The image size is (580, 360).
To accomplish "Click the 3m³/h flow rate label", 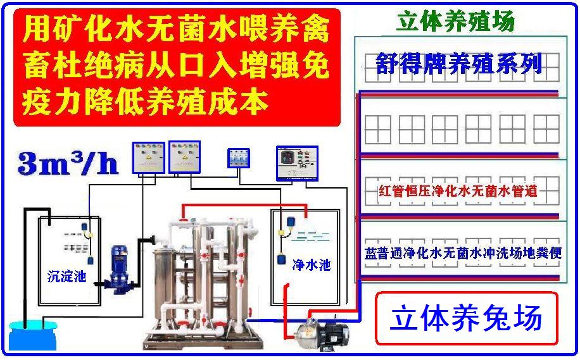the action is point(68,163).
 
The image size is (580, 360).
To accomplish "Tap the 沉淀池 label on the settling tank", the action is point(66,276).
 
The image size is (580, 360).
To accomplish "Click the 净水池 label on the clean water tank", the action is point(311,264).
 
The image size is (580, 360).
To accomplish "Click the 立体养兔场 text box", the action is point(467,318).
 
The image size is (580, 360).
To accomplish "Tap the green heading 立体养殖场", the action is point(455,21).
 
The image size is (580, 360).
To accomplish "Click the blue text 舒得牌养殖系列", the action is point(458,63).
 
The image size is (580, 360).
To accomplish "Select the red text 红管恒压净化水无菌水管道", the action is point(458,191).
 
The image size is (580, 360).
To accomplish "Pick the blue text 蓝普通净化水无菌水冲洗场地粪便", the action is point(463,253).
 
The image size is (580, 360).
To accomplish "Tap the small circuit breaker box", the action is point(238,158).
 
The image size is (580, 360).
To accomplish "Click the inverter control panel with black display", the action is point(297,163).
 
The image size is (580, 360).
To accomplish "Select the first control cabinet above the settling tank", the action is point(149,158).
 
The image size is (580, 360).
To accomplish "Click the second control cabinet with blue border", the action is point(185,157).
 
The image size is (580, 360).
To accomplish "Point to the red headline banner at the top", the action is point(177,67).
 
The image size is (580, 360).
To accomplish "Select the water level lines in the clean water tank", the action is point(310,236).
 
